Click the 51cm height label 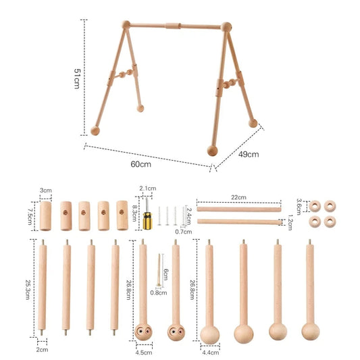point(77,78)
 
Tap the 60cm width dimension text point(140,164)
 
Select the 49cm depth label point(249,154)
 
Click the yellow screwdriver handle point(147,221)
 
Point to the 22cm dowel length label point(238,197)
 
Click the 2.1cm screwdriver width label point(148,188)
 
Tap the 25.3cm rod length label point(28,290)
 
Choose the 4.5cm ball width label point(144,353)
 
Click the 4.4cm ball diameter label point(211,353)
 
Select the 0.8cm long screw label point(159,292)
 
